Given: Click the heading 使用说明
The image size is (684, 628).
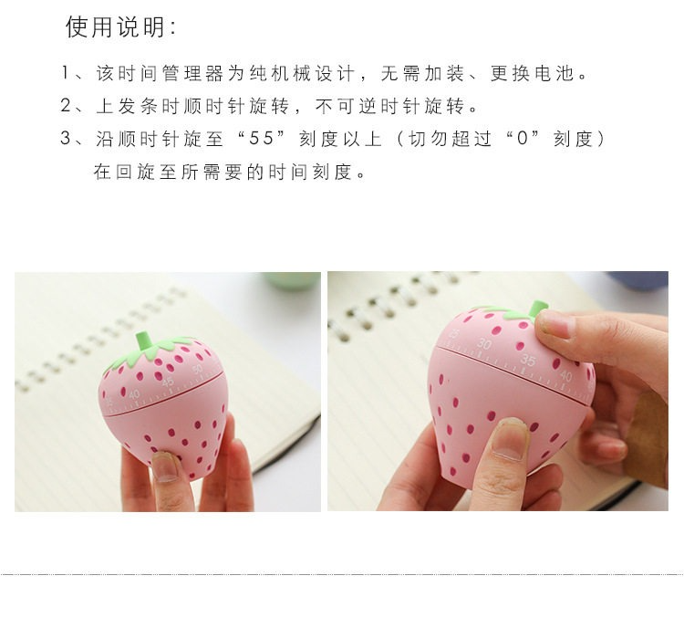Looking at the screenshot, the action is tap(115, 27).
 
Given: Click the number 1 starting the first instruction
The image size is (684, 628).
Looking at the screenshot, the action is tap(66, 73).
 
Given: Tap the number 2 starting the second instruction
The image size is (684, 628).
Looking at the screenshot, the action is tap(66, 106).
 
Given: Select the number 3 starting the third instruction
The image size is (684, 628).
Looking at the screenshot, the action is tap(66, 139).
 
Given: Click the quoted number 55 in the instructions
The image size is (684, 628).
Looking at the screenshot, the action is tap(261, 139).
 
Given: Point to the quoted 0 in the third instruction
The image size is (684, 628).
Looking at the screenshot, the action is tap(523, 139).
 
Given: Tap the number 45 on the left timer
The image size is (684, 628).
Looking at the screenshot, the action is tap(168, 382).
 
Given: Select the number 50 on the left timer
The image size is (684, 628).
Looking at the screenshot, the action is tap(198, 370).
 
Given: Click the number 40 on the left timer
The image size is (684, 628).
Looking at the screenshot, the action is tap(134, 394).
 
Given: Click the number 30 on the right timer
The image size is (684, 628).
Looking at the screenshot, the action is tap(483, 344).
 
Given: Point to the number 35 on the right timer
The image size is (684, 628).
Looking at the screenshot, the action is tap(527, 360).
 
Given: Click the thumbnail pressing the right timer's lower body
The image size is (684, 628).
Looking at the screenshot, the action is tap(509, 442).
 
